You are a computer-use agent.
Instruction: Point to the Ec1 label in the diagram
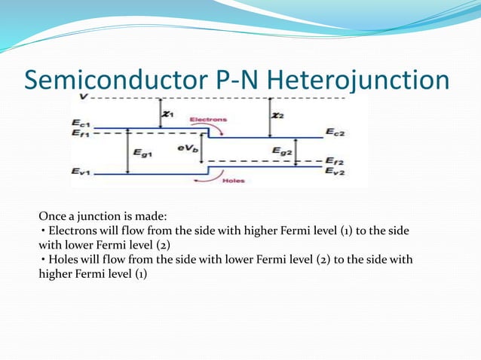pyautogui.click(x=81, y=122)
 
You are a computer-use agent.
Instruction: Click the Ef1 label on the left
pyautogui.click(x=81, y=133)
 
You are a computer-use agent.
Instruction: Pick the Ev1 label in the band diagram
pyautogui.click(x=81, y=172)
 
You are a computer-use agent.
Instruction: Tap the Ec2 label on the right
pyautogui.click(x=335, y=133)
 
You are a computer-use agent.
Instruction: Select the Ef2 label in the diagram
pyautogui.click(x=335, y=161)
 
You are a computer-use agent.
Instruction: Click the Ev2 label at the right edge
pyautogui.click(x=335, y=172)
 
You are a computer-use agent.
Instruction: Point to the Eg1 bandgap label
pyautogui.click(x=142, y=153)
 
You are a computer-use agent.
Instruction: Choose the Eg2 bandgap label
pyautogui.click(x=282, y=151)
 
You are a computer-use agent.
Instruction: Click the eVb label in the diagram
pyautogui.click(x=188, y=150)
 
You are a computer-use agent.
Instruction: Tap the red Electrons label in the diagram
pyautogui.click(x=208, y=120)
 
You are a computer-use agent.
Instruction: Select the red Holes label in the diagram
pyautogui.click(x=233, y=181)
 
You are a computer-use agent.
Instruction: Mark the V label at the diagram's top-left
pyautogui.click(x=81, y=97)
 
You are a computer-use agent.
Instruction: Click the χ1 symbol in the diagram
pyautogui.click(x=168, y=114)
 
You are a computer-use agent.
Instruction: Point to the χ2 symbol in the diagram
pyautogui.click(x=278, y=114)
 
